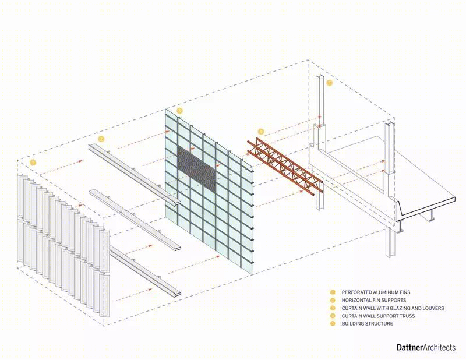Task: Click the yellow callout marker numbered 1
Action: (33, 163)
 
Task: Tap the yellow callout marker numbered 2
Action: (101, 139)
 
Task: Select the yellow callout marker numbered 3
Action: (179, 111)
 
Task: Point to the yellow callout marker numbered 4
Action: (260, 132)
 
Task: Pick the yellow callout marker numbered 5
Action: (329, 83)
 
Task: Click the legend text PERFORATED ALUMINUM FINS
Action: (376, 292)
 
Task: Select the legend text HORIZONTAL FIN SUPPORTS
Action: (373, 300)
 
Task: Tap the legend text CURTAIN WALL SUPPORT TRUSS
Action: (378, 316)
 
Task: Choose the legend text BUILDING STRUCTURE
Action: (367, 324)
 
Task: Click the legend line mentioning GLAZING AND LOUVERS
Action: (393, 308)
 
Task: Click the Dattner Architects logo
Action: (426, 347)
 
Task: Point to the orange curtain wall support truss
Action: (285, 166)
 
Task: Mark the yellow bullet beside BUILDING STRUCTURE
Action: (333, 324)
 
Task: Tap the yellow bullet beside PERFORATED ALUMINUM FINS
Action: (333, 292)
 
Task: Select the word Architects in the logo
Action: (439, 347)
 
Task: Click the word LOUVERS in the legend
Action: (433, 308)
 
